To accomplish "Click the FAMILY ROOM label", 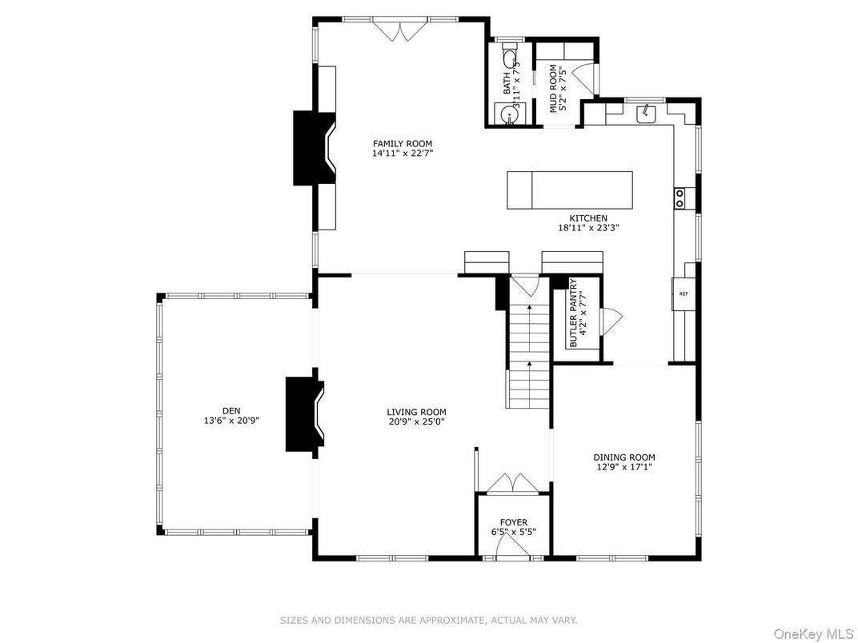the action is (x=402, y=144).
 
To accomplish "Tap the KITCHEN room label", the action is (x=588, y=218).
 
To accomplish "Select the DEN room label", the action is (x=231, y=410).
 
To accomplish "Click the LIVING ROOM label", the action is (x=416, y=412).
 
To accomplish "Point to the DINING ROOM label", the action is (x=624, y=457).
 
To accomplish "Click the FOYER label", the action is (x=514, y=523).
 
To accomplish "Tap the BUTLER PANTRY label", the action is (x=573, y=314).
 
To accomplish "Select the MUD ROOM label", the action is (x=554, y=89).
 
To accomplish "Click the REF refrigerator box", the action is (x=684, y=294).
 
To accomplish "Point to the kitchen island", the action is (x=570, y=190).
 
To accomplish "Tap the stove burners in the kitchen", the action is (x=680, y=198).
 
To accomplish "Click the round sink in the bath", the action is (x=510, y=114).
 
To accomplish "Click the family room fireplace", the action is (x=315, y=148).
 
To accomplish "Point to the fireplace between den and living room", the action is (x=305, y=414).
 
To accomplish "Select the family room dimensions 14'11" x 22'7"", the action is (x=403, y=154).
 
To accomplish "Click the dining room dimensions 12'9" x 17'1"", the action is (x=624, y=467).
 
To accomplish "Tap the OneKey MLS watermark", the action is (x=814, y=633).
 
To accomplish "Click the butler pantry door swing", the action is (x=611, y=321).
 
